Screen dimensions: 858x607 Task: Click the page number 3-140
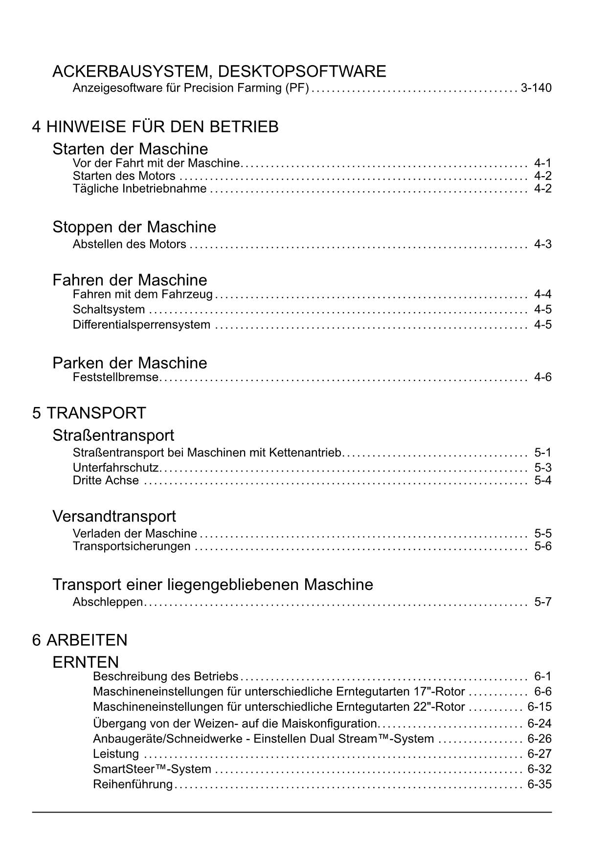[x=536, y=89]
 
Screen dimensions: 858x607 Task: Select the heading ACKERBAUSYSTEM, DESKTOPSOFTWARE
[x=219, y=71]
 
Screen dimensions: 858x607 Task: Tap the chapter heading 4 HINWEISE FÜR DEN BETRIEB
[x=156, y=127]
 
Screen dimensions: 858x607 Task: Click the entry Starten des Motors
[x=124, y=176]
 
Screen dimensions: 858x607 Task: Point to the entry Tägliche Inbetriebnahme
[x=139, y=189]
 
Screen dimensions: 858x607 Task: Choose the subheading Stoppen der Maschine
[x=134, y=227]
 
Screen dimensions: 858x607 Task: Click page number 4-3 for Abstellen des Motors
[x=542, y=244]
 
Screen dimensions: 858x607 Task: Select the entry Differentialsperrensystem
[x=141, y=325]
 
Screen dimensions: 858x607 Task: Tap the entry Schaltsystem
[x=109, y=310]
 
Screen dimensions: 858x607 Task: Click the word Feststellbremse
[x=115, y=378]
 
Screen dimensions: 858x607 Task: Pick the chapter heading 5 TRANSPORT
[x=89, y=413]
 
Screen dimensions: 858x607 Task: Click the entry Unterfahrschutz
[x=115, y=468]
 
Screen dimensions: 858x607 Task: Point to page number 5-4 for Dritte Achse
[x=542, y=480]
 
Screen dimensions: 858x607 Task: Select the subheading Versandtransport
[x=114, y=516]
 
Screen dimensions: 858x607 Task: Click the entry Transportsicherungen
[x=132, y=546]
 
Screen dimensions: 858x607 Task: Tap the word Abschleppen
[x=108, y=602]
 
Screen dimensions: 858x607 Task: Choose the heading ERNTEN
[x=86, y=662]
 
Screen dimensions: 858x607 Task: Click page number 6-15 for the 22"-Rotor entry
[x=539, y=707]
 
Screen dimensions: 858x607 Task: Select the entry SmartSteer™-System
[x=152, y=769]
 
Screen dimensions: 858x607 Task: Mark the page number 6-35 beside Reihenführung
[x=539, y=785]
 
